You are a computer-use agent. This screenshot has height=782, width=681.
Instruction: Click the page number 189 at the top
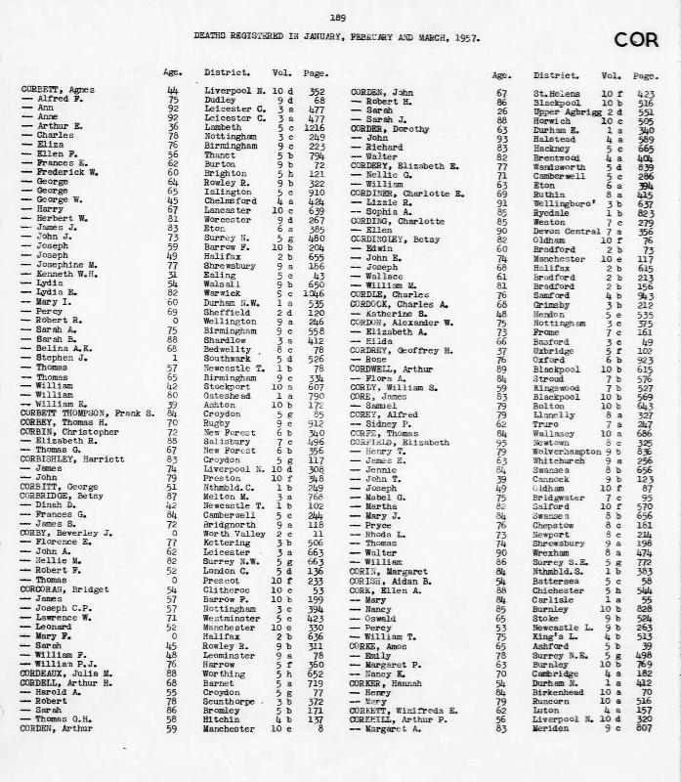(x=338, y=18)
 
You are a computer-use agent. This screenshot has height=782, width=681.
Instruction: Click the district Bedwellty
(x=229, y=348)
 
